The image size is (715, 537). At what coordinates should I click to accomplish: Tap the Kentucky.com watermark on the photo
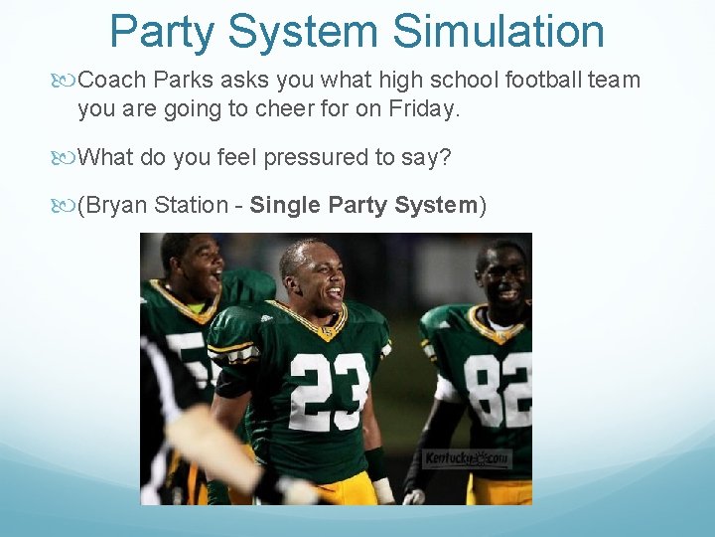point(466,458)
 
